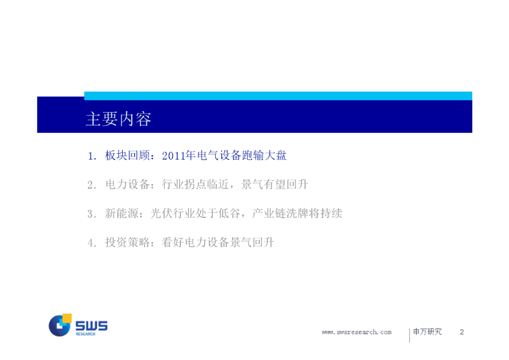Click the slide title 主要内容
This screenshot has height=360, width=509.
tap(119, 119)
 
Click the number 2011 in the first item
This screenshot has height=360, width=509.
tap(173, 156)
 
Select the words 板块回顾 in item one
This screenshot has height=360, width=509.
tap(127, 156)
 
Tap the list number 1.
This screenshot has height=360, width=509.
tap(91, 156)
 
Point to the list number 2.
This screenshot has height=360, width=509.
tap(91, 185)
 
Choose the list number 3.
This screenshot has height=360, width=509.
tap(91, 214)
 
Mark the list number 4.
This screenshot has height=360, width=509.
tap(91, 243)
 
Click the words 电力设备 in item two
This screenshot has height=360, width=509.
tap(127, 184)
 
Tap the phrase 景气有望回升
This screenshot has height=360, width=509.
tap(274, 184)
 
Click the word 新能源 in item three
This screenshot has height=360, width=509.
tap(122, 213)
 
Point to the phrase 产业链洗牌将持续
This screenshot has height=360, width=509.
tap(297, 213)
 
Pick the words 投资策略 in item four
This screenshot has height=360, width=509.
tap(127, 242)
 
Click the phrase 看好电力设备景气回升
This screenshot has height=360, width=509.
tap(218, 242)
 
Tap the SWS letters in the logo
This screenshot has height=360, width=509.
tap(91, 326)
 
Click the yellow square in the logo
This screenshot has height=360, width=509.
tap(67, 318)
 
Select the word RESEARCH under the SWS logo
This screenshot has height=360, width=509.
tap(85, 334)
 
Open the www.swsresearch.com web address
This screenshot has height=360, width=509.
tap(356, 332)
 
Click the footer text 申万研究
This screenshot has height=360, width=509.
tap(427, 332)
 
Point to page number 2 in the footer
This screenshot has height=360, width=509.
tap(462, 332)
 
